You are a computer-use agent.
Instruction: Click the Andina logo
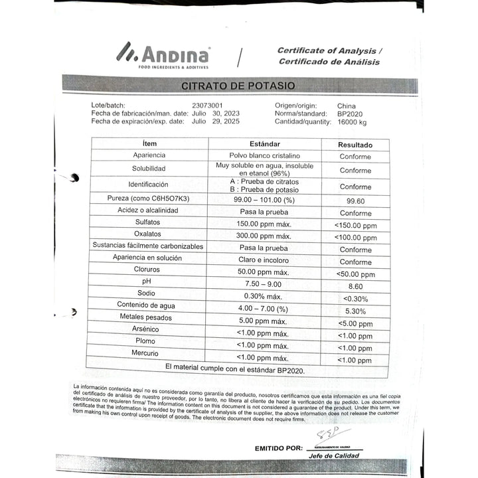tap(163, 54)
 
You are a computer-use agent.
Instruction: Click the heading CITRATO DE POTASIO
tap(238, 86)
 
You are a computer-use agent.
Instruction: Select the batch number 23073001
tap(207, 106)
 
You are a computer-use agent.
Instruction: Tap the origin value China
tap(346, 106)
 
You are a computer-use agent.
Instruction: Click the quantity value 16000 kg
tap(352, 121)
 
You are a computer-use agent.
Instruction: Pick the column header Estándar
tap(264, 144)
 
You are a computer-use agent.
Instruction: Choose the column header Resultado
tap(355, 144)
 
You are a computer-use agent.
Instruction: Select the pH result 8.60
tap(355, 286)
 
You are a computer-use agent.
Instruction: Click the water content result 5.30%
tap(355, 311)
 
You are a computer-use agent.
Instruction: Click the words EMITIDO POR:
tap(279, 448)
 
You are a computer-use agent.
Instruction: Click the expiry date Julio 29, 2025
tap(215, 121)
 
